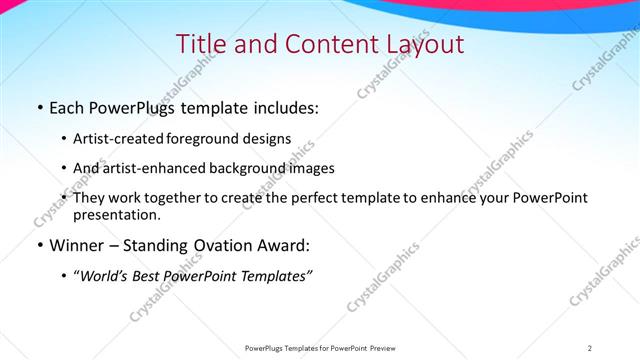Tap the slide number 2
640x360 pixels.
590,347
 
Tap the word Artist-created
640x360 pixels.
112,139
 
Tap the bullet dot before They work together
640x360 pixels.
64,198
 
